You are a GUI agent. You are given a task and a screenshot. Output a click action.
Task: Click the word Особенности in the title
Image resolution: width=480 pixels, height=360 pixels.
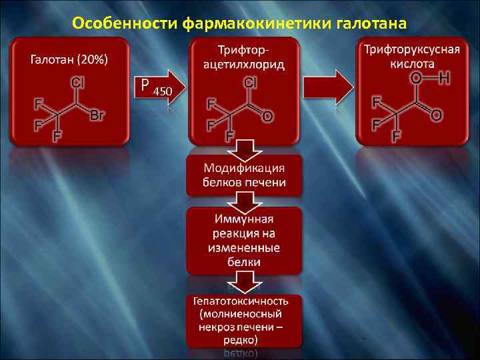click(x=124, y=24)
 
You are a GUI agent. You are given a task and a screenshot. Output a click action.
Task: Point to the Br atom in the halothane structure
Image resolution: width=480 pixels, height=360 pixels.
click(x=97, y=115)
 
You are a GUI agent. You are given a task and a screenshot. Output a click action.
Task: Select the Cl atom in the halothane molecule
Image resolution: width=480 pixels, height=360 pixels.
click(x=77, y=83)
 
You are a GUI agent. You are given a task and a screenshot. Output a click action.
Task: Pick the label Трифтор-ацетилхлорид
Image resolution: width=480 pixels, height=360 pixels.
click(x=244, y=57)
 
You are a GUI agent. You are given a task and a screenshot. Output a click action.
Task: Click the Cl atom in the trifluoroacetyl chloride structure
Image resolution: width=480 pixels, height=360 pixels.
click(x=251, y=83)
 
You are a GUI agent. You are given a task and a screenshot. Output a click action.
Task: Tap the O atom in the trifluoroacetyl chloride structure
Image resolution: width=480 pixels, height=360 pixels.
click(x=267, y=116)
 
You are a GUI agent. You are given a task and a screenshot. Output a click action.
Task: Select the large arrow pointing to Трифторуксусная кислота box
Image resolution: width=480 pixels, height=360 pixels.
click(x=329, y=87)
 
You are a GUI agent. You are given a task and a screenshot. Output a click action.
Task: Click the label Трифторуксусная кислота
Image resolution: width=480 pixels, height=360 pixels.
click(x=411, y=57)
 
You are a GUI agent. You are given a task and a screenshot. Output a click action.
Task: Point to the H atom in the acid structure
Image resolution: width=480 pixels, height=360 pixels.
click(x=445, y=79)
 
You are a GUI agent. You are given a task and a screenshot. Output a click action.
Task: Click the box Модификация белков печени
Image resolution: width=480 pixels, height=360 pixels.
click(x=244, y=175)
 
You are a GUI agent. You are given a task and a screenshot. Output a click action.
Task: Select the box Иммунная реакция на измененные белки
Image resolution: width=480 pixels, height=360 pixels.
click(x=244, y=240)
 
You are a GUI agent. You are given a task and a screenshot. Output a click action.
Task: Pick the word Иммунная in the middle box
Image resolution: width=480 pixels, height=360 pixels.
click(x=244, y=220)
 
